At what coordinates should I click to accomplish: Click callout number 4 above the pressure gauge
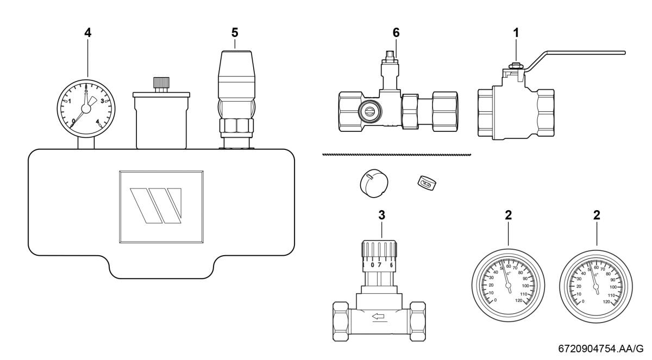click(87, 32)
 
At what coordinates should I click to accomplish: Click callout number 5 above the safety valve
click(235, 32)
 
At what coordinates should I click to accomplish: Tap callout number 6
click(396, 32)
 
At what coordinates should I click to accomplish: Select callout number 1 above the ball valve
click(516, 32)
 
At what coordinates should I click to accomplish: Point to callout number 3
click(382, 214)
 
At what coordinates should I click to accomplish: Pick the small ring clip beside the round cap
click(426, 183)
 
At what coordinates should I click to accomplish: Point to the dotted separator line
click(397, 155)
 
